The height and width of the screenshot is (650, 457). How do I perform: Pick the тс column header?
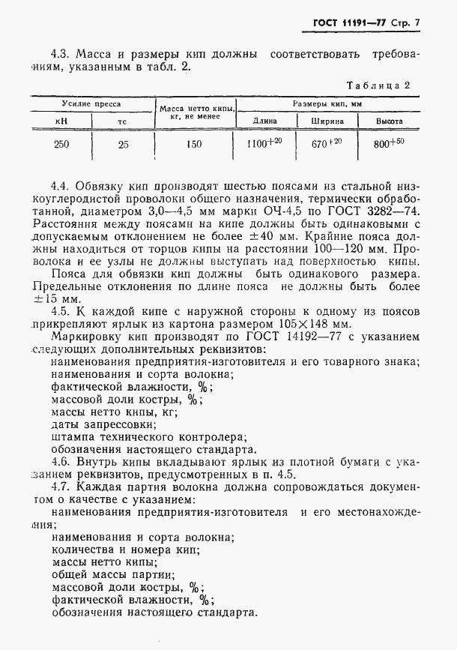pos(123,121)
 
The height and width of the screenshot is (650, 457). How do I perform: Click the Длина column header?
pos(265,121)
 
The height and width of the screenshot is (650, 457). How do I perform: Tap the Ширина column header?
pos(327,121)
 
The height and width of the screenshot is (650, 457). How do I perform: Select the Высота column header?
pos(390,121)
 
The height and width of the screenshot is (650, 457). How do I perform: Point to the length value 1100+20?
pos(266,142)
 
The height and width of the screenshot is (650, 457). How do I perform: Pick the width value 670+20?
pos(327,142)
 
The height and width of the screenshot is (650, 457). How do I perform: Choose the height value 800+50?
pos(390,142)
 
